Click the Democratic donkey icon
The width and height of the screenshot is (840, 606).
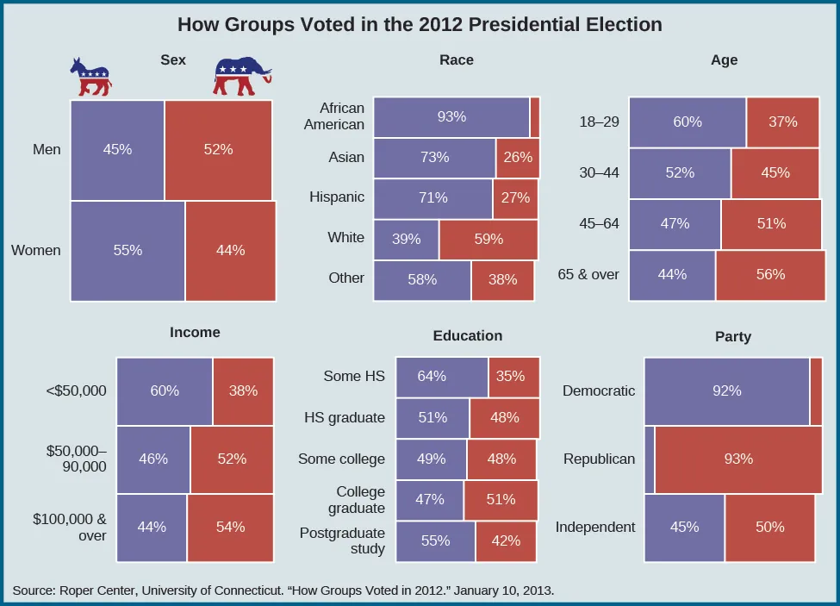[x=90, y=78]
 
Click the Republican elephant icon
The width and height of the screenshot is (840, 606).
[x=242, y=77]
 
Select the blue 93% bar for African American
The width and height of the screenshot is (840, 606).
[x=451, y=117]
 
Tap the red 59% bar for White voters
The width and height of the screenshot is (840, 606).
[x=488, y=239]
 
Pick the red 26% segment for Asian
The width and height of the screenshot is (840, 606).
[x=518, y=158]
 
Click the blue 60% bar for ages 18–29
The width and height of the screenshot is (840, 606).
[x=687, y=122]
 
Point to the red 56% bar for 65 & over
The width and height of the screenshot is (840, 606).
[x=769, y=275]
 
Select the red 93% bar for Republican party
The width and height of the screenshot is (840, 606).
[x=737, y=459]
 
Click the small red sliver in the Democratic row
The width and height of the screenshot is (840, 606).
[x=816, y=390]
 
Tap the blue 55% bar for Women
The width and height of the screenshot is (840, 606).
[x=128, y=251]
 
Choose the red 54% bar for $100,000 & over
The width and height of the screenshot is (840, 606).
[x=230, y=527]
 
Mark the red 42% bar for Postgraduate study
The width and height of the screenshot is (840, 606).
[x=505, y=541]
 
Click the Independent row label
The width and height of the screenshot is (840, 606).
[x=595, y=527]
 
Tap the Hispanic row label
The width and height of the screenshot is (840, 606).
[x=337, y=197]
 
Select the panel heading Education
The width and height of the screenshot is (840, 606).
[x=468, y=335]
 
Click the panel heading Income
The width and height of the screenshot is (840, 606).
[x=195, y=332]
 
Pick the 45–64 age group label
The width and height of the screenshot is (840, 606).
[x=599, y=224]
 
